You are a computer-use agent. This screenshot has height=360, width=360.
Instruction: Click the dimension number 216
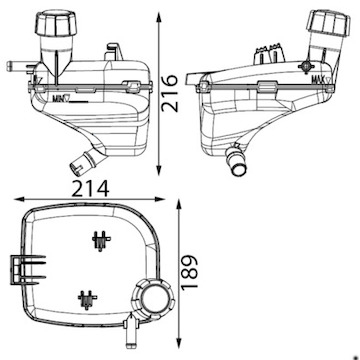[x=170, y=93]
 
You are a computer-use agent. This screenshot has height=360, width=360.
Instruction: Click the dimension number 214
[x=91, y=189]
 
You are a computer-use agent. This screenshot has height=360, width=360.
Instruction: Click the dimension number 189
[x=190, y=272]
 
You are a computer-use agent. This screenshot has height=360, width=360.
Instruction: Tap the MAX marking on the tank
[x=322, y=79]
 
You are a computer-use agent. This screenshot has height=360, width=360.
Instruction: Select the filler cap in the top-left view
[x=57, y=24]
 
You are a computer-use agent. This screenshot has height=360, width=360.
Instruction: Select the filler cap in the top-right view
[x=329, y=23]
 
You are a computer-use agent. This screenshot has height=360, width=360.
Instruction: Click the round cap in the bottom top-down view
[x=154, y=298]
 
